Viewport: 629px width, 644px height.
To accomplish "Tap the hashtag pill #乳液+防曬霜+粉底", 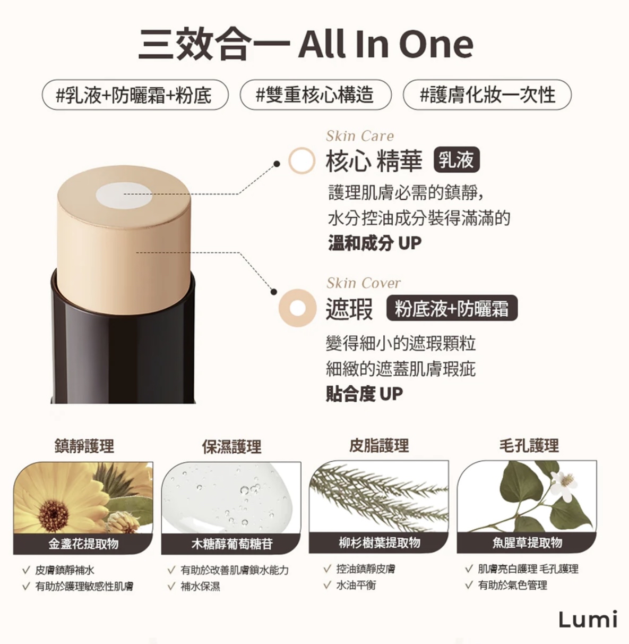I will pos(135,95).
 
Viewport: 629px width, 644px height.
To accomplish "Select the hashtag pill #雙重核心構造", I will pos(315,95).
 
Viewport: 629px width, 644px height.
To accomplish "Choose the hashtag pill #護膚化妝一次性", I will pos(487,95).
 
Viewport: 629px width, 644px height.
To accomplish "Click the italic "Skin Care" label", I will pos(360,136).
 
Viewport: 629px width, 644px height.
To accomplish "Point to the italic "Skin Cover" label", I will pos(364,283).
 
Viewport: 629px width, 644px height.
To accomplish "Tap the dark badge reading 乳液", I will pos(456,160).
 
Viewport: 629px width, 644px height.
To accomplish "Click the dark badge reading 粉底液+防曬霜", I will pos(452,308).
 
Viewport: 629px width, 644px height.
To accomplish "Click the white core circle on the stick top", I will pos(124,196).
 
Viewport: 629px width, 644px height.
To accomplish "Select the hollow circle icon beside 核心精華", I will pos(301,160).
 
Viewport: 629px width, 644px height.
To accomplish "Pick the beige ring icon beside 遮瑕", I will pos(298,308).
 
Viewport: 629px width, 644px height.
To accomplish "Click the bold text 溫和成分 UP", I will pos(375,243).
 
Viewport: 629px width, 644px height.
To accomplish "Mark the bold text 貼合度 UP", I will pos(364,394).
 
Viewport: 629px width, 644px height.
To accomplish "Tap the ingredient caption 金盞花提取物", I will pos(84,544).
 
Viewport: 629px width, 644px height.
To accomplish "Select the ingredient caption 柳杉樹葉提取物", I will pos(380,543).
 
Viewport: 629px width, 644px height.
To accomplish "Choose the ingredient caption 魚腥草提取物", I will pos(527,543).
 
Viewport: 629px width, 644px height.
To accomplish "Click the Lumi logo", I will pos(588,620).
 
